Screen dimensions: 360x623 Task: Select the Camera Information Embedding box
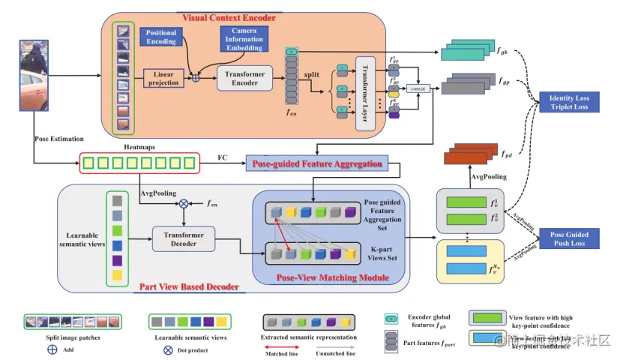[244, 39]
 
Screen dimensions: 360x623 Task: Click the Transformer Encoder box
[245, 78]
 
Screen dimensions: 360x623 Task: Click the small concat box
[418, 88]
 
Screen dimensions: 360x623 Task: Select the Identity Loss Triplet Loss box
[569, 102]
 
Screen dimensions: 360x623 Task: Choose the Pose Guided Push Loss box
[569, 239]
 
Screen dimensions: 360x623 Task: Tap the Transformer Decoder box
[184, 238]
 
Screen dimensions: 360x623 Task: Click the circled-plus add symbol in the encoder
[196, 77]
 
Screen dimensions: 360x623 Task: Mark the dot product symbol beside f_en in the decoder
[184, 202]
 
